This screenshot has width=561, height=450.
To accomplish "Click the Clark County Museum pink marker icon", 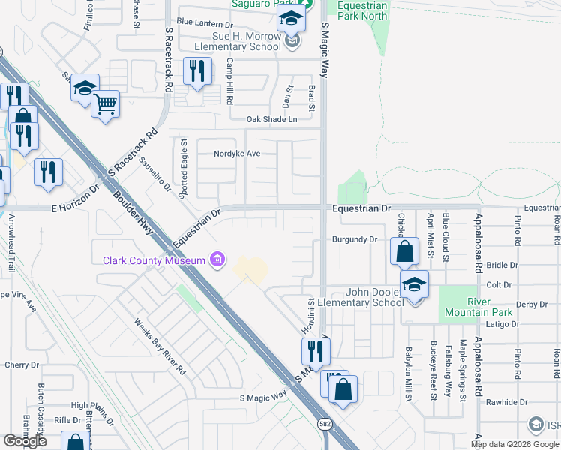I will pyautogui.click(x=217, y=260).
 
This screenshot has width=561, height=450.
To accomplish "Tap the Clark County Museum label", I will pyautogui.click(x=154, y=261).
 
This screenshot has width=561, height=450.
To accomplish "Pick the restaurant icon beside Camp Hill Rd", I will pyautogui.click(x=197, y=71).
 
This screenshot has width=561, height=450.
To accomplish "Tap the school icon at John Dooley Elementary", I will pyautogui.click(x=412, y=285).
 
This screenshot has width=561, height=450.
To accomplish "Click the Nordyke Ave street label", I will pyautogui.click(x=237, y=154).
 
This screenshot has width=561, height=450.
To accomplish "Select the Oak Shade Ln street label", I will pyautogui.click(x=272, y=119).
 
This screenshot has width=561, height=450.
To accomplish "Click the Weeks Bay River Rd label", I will pyautogui.click(x=159, y=346).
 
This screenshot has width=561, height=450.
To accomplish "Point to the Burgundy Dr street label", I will pyautogui.click(x=354, y=240).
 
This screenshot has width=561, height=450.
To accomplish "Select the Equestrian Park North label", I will pyautogui.click(x=362, y=10).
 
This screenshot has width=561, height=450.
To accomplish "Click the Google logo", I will pyautogui.click(x=25, y=441).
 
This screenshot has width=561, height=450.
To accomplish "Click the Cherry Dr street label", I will pyautogui.click(x=21, y=365).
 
